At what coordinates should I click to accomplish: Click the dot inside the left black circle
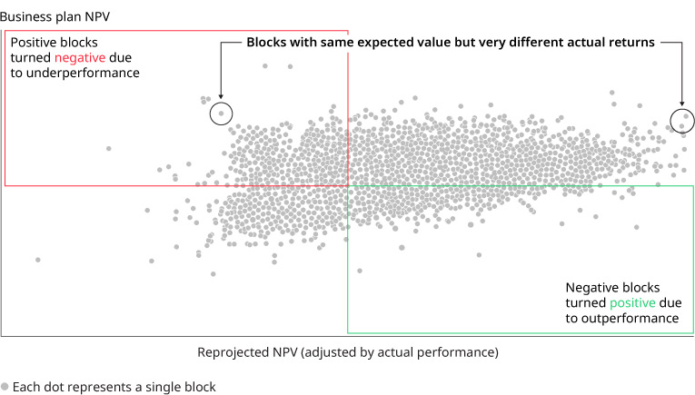tap(221, 114)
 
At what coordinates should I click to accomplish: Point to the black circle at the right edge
tap(682, 120)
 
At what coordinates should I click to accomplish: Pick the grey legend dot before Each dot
tap(5, 387)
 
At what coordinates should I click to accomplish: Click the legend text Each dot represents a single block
tap(114, 387)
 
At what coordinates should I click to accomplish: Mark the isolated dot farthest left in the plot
tap(37, 260)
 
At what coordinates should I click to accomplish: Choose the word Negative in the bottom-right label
tap(594, 286)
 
